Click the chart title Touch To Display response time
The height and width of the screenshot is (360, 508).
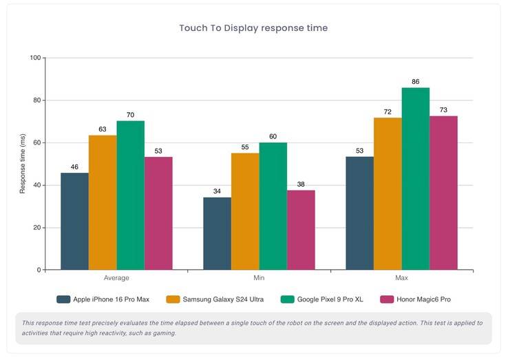253,28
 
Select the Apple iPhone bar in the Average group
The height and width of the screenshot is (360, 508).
74,221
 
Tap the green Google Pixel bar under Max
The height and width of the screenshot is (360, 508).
416,179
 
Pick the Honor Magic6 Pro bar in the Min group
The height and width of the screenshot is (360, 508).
301,230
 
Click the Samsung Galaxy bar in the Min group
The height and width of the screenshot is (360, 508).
245,211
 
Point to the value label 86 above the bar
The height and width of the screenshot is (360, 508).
416,82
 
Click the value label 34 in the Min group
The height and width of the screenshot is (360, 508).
217,191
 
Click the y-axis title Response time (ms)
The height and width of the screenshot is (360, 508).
23,164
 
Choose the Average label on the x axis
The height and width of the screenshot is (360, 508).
116,278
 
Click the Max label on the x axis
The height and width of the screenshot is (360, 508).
402,278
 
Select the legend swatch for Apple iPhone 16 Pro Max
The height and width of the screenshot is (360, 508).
63,299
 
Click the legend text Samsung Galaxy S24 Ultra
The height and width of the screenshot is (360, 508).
224,299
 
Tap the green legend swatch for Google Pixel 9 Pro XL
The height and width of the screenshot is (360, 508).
287,299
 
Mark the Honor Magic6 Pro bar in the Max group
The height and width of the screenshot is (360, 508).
444,193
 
